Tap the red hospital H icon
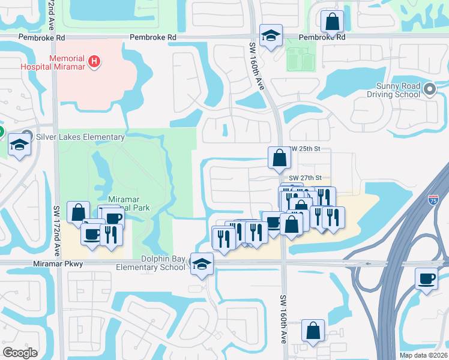[94, 61]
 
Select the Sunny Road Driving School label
[393, 91]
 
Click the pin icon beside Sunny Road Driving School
[429, 90]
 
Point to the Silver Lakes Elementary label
[80, 137]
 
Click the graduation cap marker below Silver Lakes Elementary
[19, 145]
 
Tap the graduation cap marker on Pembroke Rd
[271, 35]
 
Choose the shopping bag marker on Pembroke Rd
[332, 23]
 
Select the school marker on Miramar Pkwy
[202, 264]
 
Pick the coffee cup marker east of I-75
[426, 279]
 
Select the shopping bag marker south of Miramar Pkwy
[313, 331]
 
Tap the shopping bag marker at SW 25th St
[280, 158]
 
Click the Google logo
[20, 353]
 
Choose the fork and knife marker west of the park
[112, 234]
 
